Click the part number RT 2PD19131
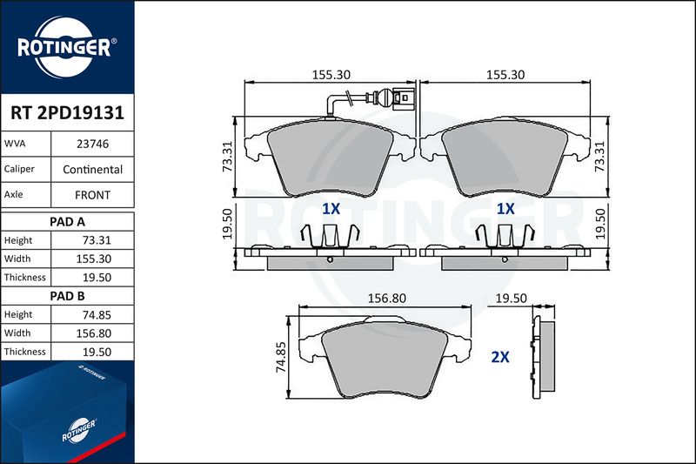(67, 112)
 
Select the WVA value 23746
(92, 144)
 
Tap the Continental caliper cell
(92, 169)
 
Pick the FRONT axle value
(92, 195)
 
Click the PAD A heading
(67, 222)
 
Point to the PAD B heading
(67, 296)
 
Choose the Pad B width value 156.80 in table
(94, 333)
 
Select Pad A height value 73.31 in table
(97, 240)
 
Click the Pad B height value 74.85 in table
(97, 315)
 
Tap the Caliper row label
(19, 169)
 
